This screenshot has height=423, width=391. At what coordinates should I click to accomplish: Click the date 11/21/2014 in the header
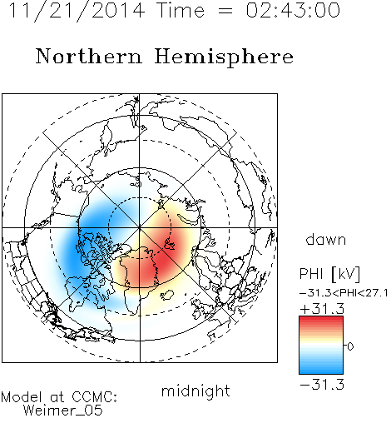pos(77,11)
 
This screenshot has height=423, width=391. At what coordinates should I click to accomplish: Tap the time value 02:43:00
pos(293,10)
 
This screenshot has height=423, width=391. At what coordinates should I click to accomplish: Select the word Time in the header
pos(181,10)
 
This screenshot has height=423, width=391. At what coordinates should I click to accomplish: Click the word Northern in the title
pos(89,56)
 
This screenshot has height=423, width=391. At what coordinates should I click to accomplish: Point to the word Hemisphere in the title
pos(224,57)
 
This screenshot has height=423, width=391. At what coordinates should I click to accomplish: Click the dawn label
pos(326,239)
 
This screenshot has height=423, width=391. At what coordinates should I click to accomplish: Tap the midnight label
pos(195,391)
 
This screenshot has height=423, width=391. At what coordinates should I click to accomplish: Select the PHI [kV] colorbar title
pos(329,274)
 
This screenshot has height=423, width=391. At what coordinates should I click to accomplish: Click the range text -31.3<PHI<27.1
pos(344,293)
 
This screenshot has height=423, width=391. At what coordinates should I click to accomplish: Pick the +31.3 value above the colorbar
pos(322,309)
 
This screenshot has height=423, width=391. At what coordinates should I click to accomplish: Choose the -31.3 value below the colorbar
pos(322,385)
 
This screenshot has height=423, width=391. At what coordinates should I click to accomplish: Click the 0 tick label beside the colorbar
pos(350,346)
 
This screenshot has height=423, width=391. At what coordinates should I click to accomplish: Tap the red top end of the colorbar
pos(321,319)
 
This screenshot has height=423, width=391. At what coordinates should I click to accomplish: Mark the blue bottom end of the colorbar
pos(321,371)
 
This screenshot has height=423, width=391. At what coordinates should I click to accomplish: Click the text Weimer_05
pos(63,410)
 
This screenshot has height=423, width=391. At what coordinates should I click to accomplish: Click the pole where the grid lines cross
pos(140,228)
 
